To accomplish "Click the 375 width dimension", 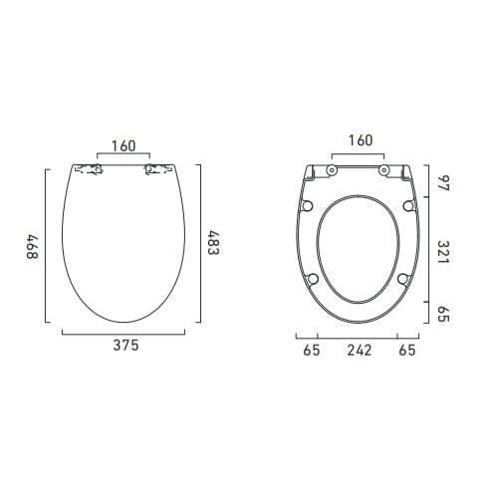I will pos(124,347).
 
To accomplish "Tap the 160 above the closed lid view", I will pos(124,146).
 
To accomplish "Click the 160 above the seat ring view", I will pos(360,140).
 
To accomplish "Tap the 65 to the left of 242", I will pos(312,351).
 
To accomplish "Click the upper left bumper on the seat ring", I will pos(307,206).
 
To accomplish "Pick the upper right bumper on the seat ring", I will pos(410,206).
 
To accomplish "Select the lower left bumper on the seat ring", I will pos(315,279).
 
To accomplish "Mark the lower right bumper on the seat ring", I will pos(403,279).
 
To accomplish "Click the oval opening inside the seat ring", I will pos(360,249).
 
